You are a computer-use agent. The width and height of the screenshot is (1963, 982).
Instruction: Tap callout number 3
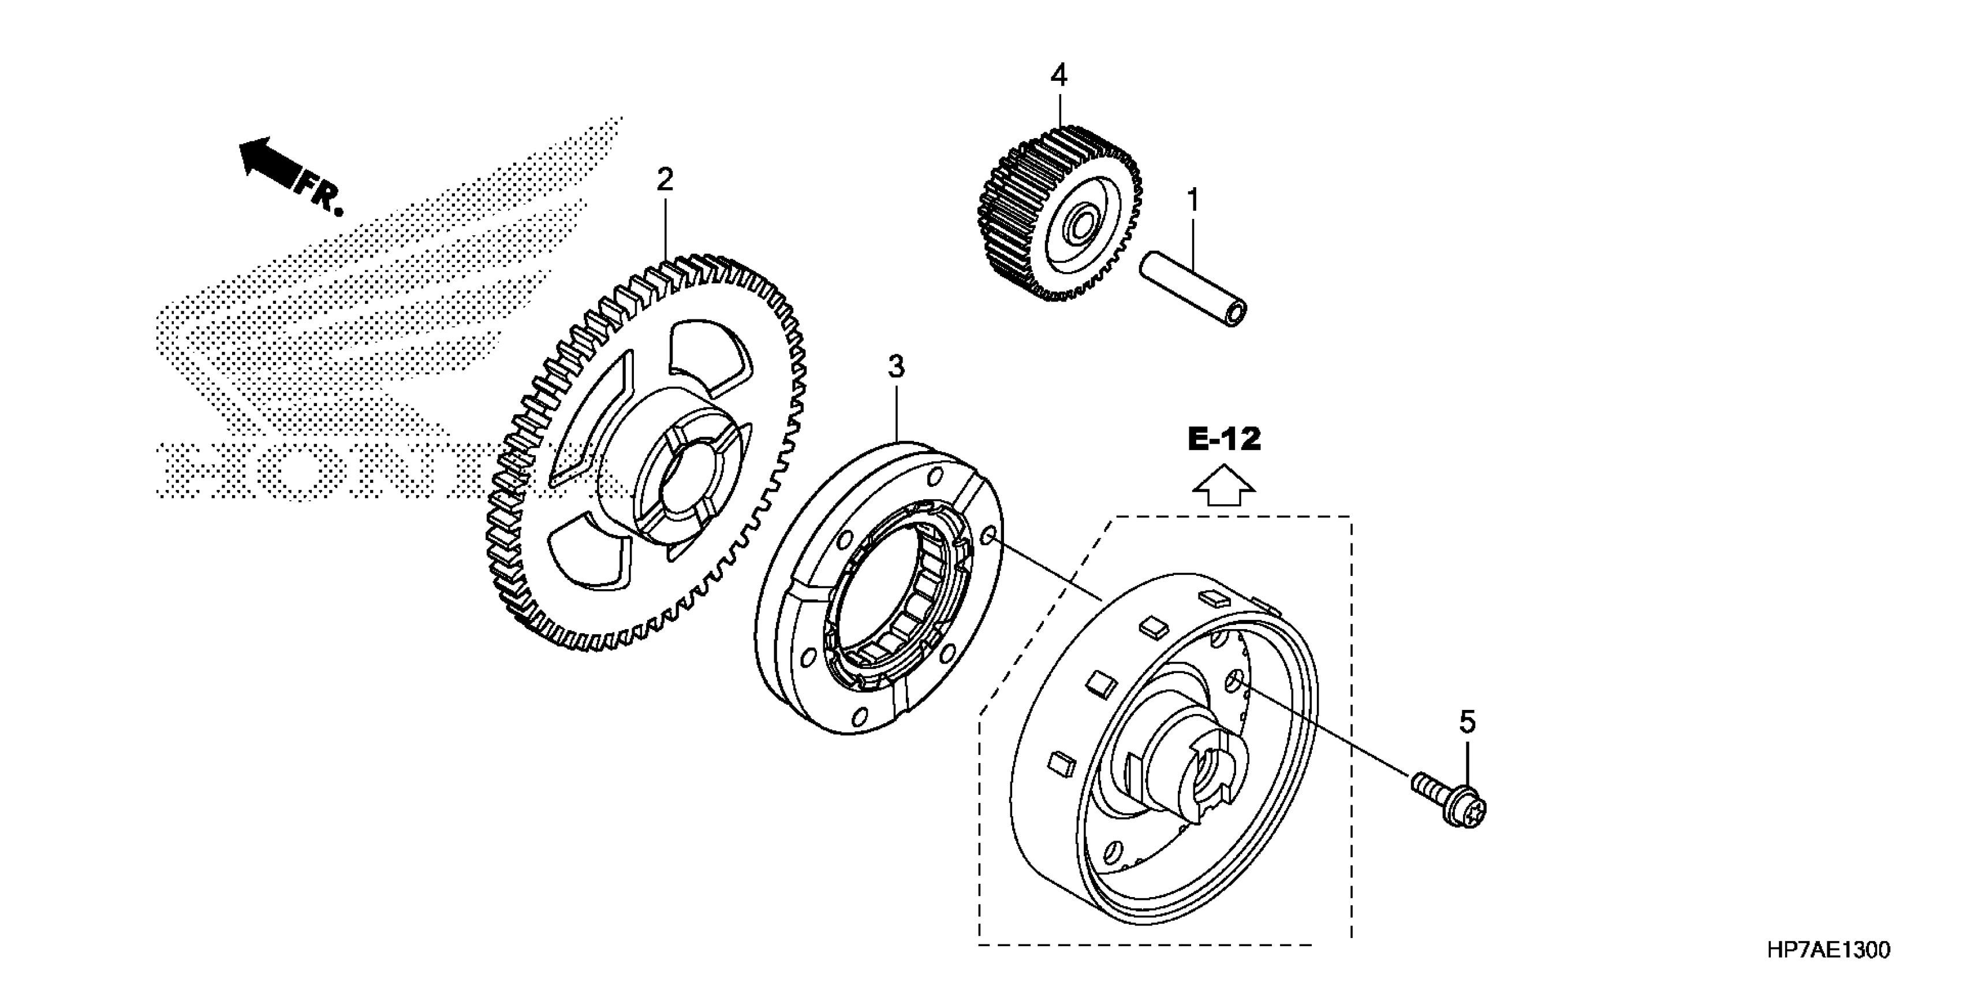click(896, 367)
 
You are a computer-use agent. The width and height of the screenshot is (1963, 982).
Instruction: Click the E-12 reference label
click(1225, 439)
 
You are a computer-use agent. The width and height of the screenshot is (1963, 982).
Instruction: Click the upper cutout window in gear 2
click(705, 358)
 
